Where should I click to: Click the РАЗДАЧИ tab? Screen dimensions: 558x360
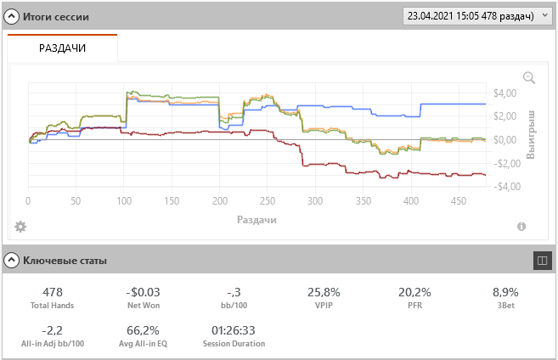coord(62,48)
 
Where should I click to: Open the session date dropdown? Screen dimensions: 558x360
coord(477,16)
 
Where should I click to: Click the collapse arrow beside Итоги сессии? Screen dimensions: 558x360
coord(11,16)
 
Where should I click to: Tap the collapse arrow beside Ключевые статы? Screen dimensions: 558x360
coord(11,261)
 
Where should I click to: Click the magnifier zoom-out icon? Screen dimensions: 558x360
coord(529,77)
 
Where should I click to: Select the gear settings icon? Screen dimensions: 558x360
coord(20,227)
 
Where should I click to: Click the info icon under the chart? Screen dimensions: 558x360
coord(521,227)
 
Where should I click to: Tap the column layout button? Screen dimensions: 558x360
coord(543,261)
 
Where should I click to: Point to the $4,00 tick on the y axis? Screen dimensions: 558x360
coord(504,93)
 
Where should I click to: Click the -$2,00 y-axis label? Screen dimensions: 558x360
coord(506,164)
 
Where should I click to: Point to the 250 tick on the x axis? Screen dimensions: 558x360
coord(268,201)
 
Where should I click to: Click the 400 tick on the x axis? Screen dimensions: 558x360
coord(411,201)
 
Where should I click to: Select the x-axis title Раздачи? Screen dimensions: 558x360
coord(256,220)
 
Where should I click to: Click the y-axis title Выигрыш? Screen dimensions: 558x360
coord(530,135)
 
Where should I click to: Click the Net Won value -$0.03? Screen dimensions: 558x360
coord(143,292)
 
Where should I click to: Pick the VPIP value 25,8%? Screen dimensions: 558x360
coord(324,292)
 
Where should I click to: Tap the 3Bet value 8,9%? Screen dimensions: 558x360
coord(505,292)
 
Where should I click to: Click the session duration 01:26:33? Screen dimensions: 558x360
coord(234,330)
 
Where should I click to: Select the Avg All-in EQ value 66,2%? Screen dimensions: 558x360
coord(143,330)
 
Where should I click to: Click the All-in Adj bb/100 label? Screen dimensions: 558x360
coord(53,344)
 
